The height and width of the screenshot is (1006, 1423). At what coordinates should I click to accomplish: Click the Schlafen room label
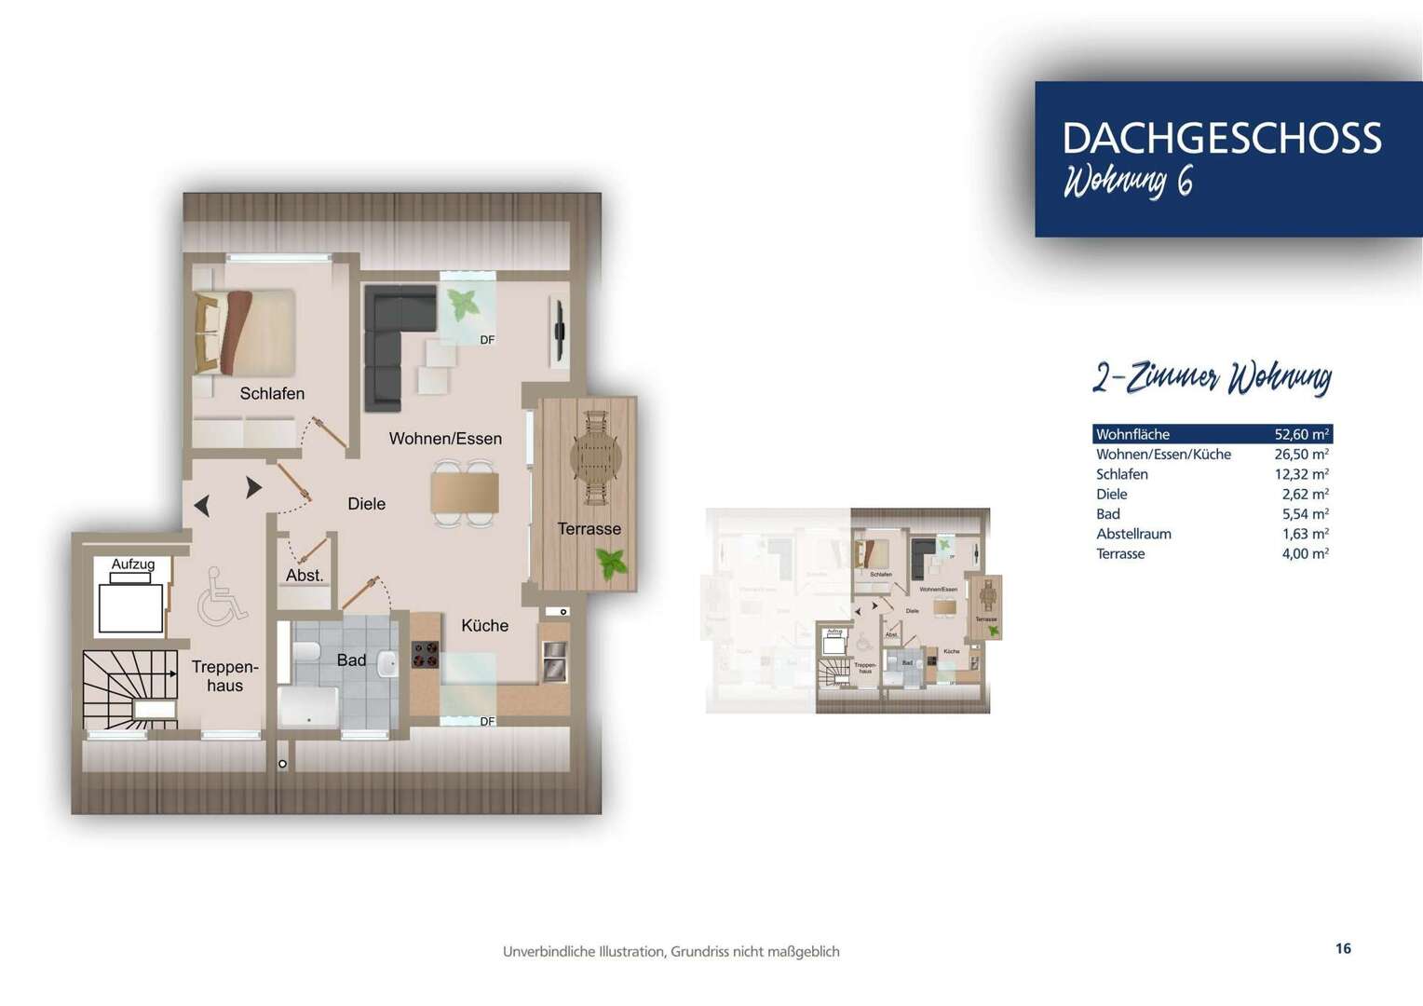pyautogui.click(x=272, y=394)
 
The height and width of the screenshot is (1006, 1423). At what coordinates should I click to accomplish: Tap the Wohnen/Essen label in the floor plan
pyautogui.click(x=445, y=439)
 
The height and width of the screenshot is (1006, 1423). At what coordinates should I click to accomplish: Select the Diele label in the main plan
pyautogui.click(x=366, y=504)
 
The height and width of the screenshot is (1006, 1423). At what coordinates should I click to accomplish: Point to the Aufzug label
pyautogui.click(x=133, y=564)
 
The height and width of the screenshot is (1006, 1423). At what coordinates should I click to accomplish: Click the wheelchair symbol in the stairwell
pyautogui.click(x=222, y=596)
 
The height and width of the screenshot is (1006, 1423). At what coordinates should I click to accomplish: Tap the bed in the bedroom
pyautogui.click(x=245, y=332)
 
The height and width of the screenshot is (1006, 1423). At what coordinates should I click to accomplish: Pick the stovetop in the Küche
pyautogui.click(x=426, y=656)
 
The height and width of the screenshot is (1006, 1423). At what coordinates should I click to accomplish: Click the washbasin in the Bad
pyautogui.click(x=387, y=663)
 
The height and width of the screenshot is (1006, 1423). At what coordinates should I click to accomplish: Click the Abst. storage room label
pyautogui.click(x=305, y=576)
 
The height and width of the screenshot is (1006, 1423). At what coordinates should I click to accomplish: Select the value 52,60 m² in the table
pyautogui.click(x=1301, y=434)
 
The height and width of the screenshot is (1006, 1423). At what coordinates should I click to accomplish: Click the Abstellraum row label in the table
pyautogui.click(x=1133, y=534)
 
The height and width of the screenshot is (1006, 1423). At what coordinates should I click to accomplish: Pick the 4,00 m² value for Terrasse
pyautogui.click(x=1305, y=553)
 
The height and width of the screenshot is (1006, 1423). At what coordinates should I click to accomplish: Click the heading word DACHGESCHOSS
pyautogui.click(x=1221, y=138)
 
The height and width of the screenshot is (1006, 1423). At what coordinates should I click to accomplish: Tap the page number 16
pyautogui.click(x=1342, y=948)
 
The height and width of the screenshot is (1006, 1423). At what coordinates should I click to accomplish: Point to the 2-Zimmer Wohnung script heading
pyautogui.click(x=1212, y=378)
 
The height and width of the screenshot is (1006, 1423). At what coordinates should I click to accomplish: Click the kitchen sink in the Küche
pyautogui.click(x=554, y=661)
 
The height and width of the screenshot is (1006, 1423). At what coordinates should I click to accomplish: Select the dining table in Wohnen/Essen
pyautogui.click(x=465, y=493)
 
